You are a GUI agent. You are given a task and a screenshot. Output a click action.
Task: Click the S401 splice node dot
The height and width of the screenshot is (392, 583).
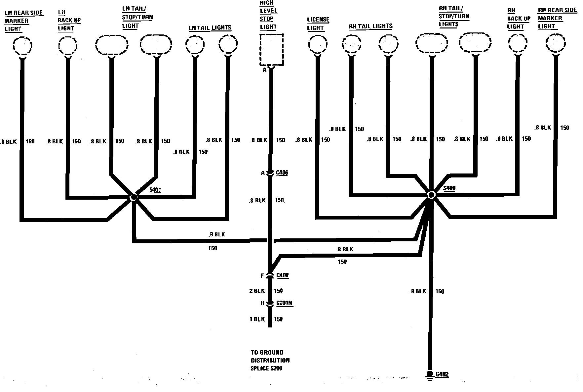click(134, 197)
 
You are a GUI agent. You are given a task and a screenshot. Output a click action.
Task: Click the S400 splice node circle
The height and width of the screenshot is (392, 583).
click(431, 195)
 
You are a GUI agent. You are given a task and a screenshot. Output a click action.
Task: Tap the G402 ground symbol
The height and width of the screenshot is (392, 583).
click(430, 375)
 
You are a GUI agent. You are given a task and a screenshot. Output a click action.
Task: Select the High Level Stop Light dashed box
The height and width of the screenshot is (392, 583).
click(271, 50)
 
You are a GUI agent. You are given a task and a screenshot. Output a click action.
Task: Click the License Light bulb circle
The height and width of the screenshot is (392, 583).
click(317, 44)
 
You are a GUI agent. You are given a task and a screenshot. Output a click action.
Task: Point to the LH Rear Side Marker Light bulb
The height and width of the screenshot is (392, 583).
click(22, 45)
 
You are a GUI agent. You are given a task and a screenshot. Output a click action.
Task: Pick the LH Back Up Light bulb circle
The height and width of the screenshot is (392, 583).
click(68, 45)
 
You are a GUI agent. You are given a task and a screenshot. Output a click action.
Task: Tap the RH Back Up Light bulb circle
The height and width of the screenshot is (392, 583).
click(518, 43)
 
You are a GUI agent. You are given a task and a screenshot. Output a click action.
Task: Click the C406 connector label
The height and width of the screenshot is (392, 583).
click(282, 173)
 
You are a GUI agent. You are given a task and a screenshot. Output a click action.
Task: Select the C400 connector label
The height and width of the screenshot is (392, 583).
click(282, 275)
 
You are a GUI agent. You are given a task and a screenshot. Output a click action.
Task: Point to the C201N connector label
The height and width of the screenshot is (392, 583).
click(284, 303)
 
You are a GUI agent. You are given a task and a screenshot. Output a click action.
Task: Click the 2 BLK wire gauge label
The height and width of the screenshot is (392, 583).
click(257, 291)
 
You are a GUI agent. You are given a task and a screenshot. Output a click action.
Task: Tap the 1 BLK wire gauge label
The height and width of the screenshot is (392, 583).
click(257, 319)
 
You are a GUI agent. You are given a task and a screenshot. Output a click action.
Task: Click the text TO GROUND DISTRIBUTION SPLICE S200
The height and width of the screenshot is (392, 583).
click(270, 360)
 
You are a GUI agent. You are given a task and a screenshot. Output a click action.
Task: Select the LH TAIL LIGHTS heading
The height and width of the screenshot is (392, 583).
click(210, 28)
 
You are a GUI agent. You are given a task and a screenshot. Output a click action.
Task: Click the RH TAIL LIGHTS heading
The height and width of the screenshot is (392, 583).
click(370, 26)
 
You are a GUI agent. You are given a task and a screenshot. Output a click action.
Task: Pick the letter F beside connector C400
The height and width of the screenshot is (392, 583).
click(262, 275)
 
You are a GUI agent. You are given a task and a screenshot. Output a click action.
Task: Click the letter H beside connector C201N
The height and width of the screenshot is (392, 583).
click(262, 303)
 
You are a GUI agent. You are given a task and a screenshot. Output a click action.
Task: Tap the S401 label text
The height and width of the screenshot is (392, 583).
click(155, 190)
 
